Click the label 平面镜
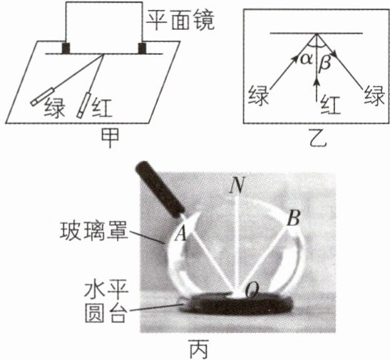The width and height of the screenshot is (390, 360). point(180,21)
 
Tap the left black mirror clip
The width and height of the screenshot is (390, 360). point(66,48)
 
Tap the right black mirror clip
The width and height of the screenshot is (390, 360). point(142,48)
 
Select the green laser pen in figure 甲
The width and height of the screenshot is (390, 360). point(42,97)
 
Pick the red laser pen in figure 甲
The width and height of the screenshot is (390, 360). point(84,106)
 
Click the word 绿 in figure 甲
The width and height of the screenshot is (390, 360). point(54,108)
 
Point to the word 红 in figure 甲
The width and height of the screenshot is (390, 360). point(102,108)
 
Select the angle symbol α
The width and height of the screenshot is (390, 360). point(306,60)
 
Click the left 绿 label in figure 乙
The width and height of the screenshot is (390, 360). point(258,96)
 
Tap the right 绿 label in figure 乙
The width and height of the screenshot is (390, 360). point(374,96)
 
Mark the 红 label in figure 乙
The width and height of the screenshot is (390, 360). point(330,106)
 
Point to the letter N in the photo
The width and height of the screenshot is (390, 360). point(237,185)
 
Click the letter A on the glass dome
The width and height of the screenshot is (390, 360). point(181,234)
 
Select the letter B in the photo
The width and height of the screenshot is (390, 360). point(294,218)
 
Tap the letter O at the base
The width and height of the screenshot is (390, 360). point(252,289)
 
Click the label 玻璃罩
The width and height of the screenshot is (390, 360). point(94,231)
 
